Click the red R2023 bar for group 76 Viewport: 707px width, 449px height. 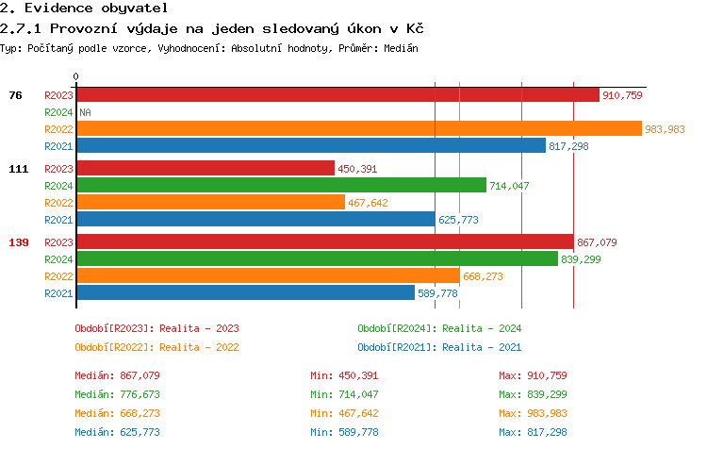(337, 95)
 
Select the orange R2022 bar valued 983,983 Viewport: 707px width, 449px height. (358, 129)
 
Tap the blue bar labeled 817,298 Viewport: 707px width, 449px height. (311, 146)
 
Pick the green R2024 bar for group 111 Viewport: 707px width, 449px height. (281, 186)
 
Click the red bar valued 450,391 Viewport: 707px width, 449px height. (206, 169)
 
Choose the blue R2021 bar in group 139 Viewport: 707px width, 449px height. (245, 293)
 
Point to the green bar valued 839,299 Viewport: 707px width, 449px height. (317, 259)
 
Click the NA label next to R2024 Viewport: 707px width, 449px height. (85, 112)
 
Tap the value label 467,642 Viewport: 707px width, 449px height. (368, 203)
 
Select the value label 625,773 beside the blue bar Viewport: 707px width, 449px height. (458, 220)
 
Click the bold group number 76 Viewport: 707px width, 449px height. (15, 95)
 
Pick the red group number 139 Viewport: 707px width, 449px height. (19, 242)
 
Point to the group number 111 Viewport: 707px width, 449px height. (19, 169)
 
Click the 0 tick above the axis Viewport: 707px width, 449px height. (76, 76)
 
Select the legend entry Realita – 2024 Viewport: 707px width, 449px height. (439, 328)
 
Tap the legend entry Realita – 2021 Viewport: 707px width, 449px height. (439, 346)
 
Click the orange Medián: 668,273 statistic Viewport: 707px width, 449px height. (117, 413)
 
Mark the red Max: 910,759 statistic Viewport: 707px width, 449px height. (533, 375)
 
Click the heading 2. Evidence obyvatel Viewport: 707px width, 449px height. (83, 8)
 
